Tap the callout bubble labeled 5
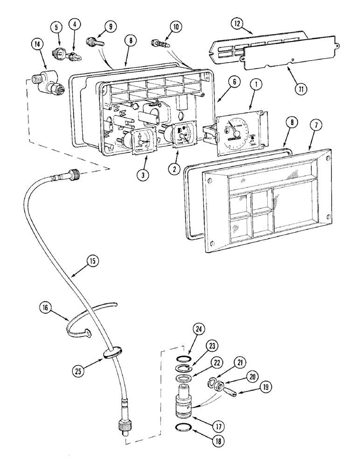57,27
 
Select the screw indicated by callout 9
93,43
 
